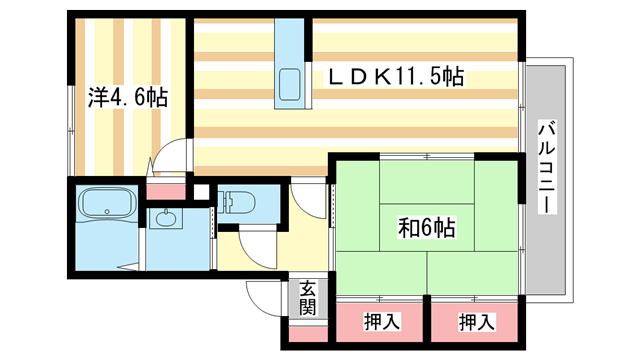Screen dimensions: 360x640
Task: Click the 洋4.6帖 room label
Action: tap(127, 97)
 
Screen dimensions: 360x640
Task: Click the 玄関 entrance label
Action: tap(308, 298)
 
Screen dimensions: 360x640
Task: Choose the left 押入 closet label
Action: tap(381, 322)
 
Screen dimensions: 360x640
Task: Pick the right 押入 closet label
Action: tap(476, 322)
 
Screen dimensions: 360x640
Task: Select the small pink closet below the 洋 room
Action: tap(164, 188)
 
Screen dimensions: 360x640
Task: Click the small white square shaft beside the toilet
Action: tap(201, 191)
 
